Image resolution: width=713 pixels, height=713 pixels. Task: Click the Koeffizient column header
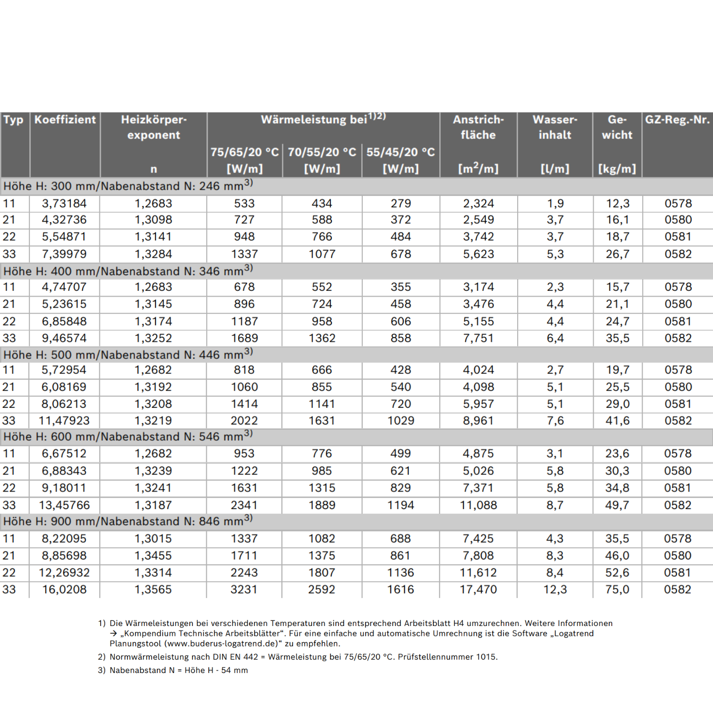point(65,120)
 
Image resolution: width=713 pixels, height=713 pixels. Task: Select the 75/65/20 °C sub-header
point(244,152)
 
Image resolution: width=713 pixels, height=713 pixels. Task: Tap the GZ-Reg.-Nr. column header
point(677,120)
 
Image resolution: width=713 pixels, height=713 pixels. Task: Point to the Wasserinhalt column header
point(555,127)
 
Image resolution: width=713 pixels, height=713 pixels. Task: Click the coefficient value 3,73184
point(64,203)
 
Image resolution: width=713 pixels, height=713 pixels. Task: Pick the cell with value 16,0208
point(64,589)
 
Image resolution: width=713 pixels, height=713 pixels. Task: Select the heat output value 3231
point(244,589)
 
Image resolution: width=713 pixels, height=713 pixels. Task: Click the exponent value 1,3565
point(153,589)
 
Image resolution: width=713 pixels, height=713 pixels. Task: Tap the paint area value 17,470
point(478,589)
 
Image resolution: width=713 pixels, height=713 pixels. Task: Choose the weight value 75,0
point(617,589)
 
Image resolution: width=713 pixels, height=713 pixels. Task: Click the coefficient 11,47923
point(64,421)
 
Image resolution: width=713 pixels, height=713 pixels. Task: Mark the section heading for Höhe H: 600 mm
point(128,437)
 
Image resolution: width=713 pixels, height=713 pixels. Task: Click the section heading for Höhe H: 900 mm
point(128,521)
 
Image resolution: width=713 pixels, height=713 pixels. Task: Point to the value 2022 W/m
point(244,421)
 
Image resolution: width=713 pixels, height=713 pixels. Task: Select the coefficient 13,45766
point(64,505)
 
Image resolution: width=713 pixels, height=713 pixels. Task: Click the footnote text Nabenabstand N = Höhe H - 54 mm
point(179,670)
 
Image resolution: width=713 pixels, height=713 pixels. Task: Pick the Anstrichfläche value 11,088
point(478,505)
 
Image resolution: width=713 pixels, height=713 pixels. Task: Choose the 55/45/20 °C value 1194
point(400,505)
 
